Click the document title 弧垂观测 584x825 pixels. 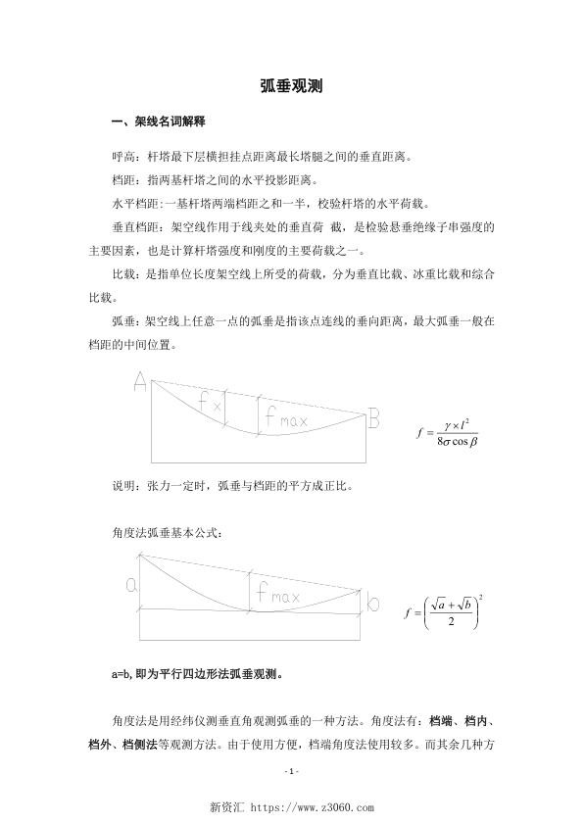click(291, 86)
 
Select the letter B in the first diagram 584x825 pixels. click(374, 419)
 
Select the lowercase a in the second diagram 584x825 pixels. click(131, 585)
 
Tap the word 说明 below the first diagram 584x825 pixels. click(124, 485)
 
